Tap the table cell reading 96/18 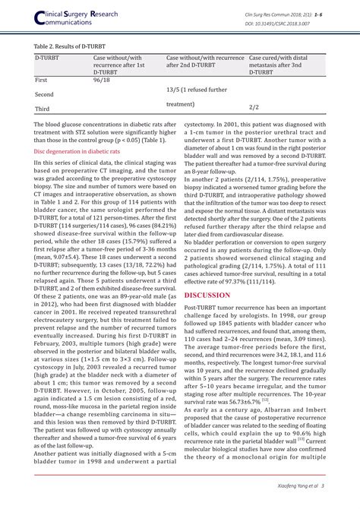102,80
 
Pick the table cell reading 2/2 254,108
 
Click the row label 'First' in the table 43,80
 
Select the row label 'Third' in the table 43,109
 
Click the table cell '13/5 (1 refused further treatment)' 196,96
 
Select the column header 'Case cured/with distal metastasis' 285,65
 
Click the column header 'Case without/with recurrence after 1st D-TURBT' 122,65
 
